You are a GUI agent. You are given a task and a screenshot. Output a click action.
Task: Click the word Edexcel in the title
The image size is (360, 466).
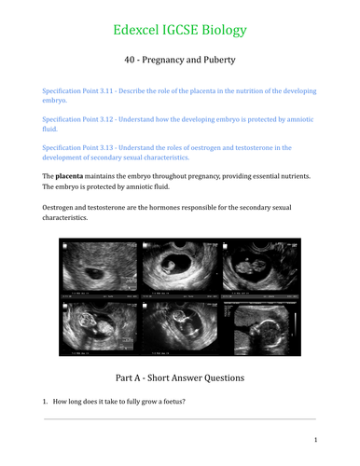[x=141, y=30]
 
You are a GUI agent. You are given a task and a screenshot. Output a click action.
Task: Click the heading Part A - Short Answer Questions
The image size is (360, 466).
[x=179, y=378]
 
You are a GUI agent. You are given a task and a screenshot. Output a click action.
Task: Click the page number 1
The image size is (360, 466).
[x=316, y=440]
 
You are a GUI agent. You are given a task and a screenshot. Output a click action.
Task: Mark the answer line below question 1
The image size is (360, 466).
[x=179, y=418]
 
